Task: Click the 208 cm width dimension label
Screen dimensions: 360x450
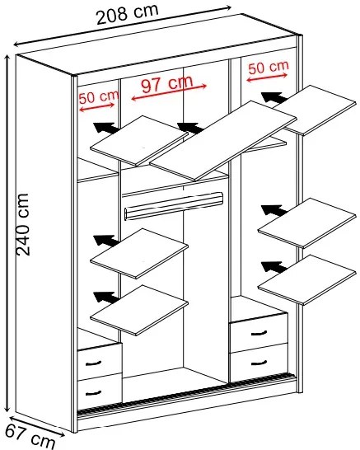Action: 128,14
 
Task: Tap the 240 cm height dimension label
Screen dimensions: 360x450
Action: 23,224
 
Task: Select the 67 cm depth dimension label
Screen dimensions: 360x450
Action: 30,437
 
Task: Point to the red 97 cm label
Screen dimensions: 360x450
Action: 167,83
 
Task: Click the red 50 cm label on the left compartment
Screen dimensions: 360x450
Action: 99,97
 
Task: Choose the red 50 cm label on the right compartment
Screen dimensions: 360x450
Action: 269,68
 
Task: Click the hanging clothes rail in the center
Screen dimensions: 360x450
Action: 174,205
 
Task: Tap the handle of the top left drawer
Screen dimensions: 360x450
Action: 94,363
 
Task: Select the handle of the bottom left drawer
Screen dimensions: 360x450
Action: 94,392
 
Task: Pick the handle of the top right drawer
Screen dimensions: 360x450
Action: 259,333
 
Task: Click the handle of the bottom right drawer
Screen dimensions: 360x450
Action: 259,363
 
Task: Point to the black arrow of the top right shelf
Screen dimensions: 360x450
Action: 274,97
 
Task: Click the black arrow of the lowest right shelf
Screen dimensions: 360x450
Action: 274,266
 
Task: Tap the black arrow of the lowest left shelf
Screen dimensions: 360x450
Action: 106,298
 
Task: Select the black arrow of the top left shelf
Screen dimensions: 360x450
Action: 106,128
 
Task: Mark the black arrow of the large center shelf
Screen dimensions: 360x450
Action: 190,128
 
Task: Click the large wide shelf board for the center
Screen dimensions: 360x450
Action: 223,140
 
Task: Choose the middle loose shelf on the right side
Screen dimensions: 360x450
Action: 307,223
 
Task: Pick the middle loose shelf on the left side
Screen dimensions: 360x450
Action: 139,253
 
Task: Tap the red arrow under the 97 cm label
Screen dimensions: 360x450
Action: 169,92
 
